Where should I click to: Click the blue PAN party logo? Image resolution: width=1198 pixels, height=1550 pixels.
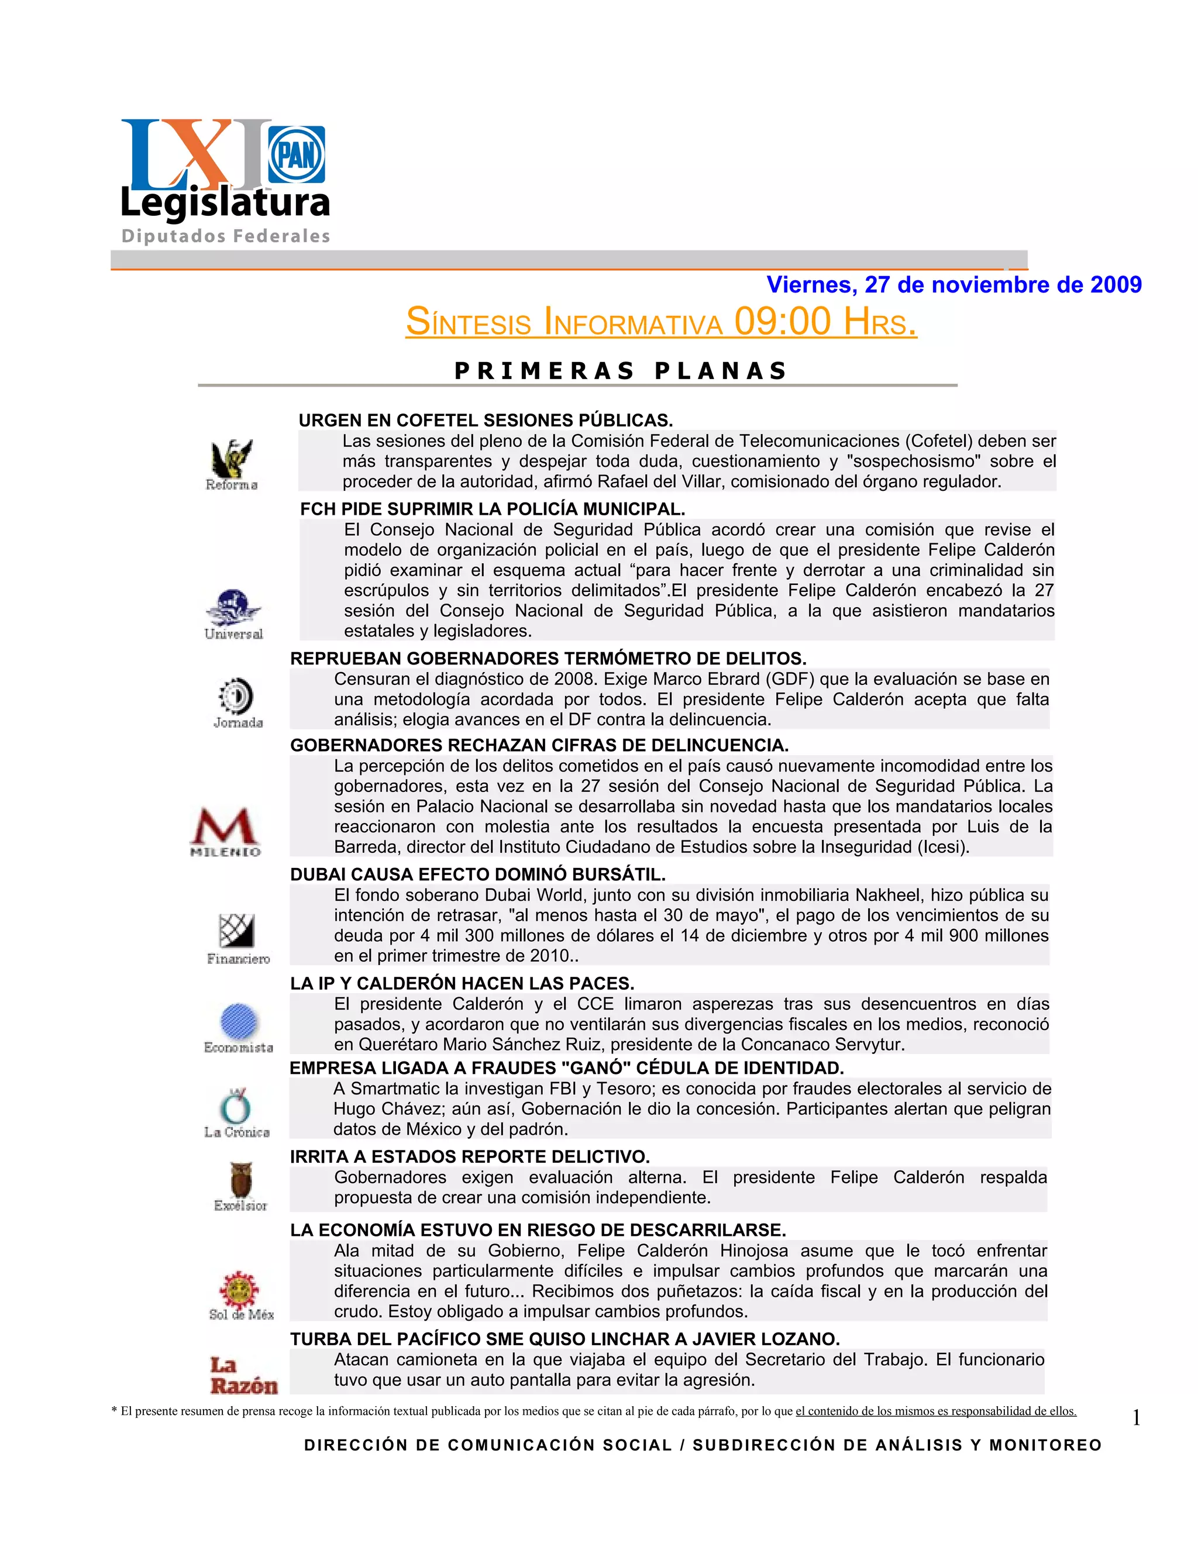tap(297, 154)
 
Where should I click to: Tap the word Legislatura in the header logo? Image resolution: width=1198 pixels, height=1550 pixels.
tap(225, 203)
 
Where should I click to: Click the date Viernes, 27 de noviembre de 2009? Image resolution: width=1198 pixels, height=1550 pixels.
tap(954, 285)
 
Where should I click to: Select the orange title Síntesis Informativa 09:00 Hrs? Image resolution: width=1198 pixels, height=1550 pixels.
tap(661, 322)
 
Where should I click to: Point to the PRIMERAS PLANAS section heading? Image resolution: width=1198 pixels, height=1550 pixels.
tap(620, 370)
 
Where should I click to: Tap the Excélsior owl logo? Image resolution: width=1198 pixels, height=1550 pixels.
tap(240, 1187)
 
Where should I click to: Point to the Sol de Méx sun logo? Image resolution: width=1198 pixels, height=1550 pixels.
tap(240, 1295)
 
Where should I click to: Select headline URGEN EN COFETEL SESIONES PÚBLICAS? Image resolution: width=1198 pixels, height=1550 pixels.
tap(486, 420)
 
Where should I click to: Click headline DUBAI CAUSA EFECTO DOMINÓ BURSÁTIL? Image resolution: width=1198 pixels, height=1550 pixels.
tap(478, 874)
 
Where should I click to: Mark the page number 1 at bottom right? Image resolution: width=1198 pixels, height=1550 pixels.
tap(1135, 1418)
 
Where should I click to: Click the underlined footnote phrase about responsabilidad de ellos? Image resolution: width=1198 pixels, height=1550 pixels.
tap(935, 1411)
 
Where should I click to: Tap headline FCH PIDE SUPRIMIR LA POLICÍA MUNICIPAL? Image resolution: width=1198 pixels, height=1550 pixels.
tap(493, 509)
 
